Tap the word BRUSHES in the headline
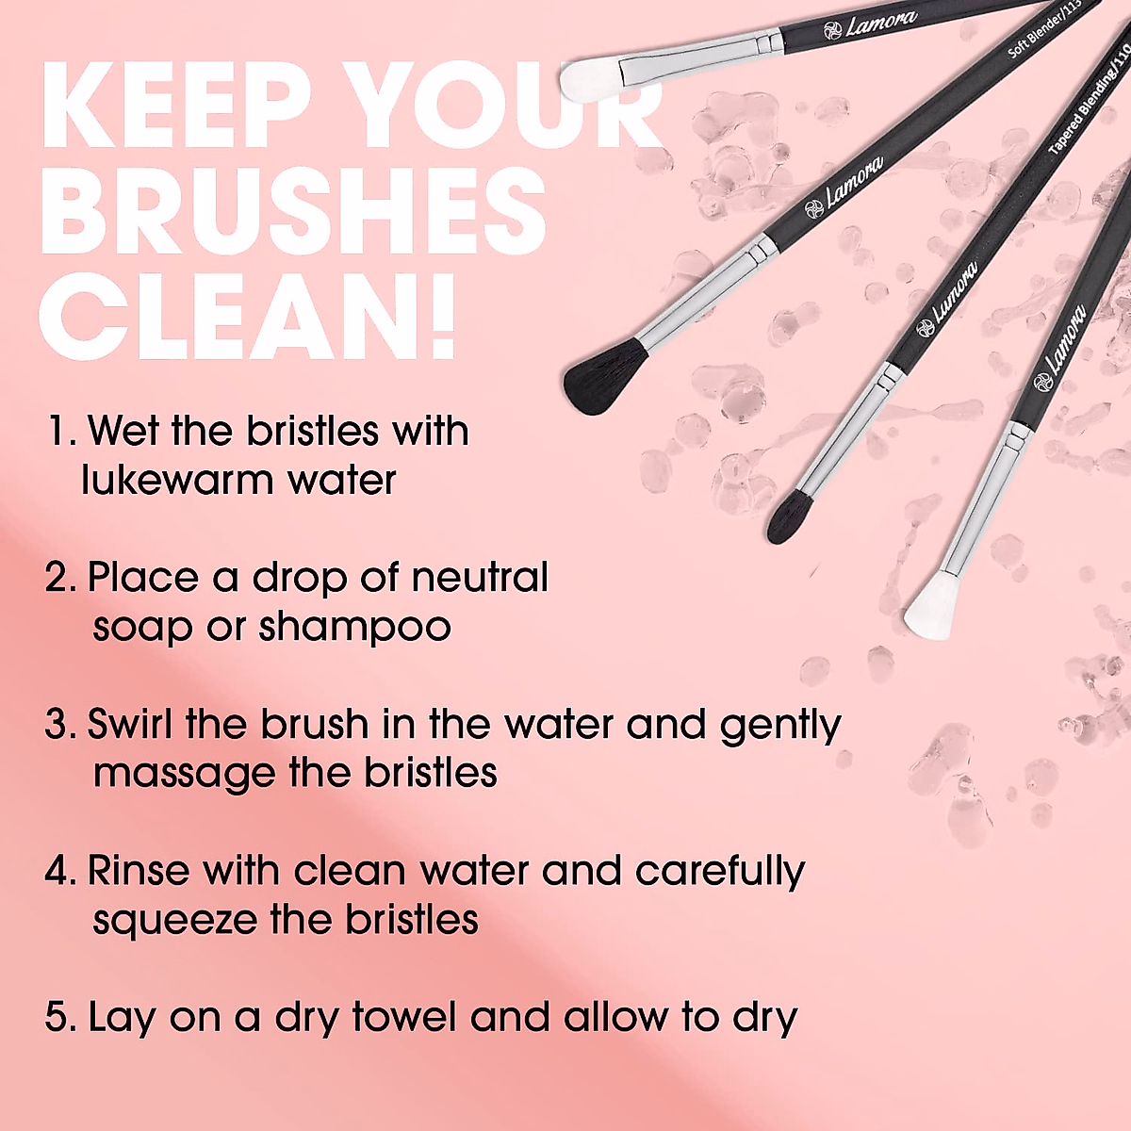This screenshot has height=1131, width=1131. point(292,211)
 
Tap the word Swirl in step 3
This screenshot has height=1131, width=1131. point(130,725)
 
